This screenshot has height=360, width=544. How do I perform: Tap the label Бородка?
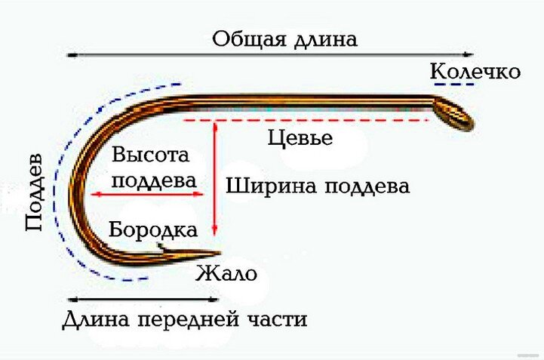click(x=154, y=229)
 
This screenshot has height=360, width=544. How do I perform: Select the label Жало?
click(x=226, y=273)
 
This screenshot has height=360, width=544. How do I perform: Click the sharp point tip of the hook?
click(x=220, y=254)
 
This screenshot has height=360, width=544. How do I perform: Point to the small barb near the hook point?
click(x=161, y=247)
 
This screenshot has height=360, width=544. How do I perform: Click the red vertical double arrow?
click(x=215, y=178)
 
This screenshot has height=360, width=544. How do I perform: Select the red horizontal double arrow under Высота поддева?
click(x=148, y=195)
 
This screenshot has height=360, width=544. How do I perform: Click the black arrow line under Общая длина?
click(x=270, y=55)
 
